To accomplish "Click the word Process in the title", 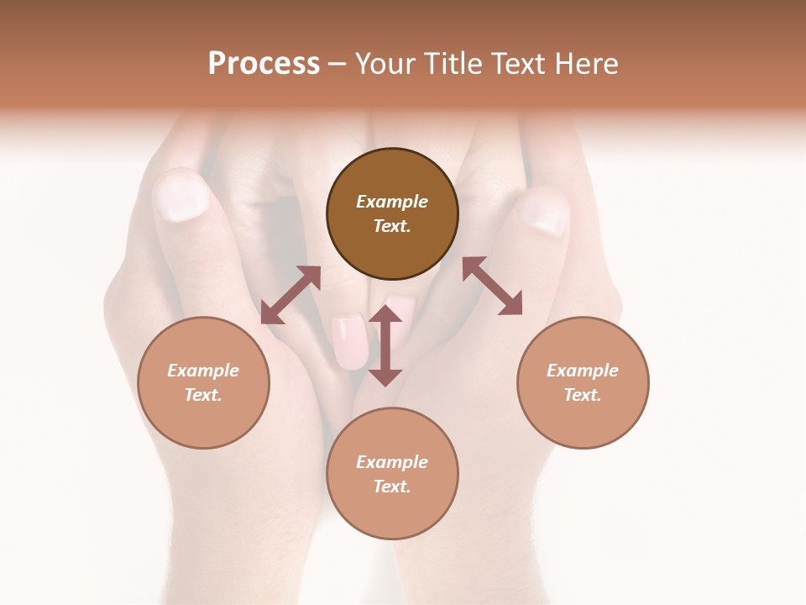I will [264, 64].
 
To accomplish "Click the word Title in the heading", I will [450, 64].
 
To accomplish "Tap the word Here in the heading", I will [587, 64].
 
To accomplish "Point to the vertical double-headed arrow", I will [385, 345].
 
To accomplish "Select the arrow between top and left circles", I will [290, 295].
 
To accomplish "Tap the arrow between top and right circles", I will [492, 286].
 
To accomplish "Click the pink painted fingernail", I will [350, 341].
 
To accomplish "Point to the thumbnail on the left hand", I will [181, 195].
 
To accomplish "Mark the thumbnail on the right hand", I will [543, 213].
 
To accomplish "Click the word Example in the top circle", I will [392, 202].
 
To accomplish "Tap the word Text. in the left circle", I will [203, 395].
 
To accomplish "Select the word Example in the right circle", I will [583, 371].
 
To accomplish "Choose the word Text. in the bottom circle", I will [392, 487].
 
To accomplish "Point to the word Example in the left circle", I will [203, 371].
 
